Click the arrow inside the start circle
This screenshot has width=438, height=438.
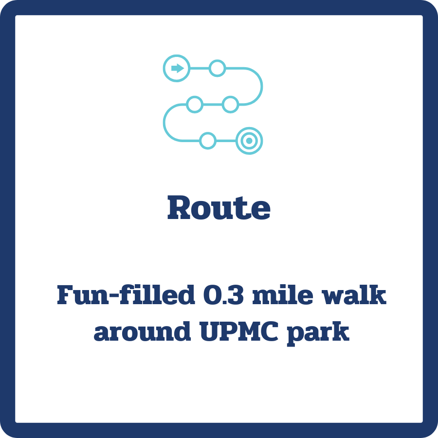pyautogui.click(x=177, y=68)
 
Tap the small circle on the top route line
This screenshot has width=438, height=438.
pyautogui.click(x=217, y=68)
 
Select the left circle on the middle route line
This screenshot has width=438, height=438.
pyautogui.click(x=195, y=104)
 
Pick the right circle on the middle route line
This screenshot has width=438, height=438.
pyautogui.click(x=230, y=104)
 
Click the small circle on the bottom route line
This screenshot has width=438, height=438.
pyautogui.click(x=208, y=141)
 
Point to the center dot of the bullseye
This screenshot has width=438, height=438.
pyautogui.click(x=249, y=141)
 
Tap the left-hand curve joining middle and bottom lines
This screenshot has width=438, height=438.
pyautogui.click(x=164, y=122)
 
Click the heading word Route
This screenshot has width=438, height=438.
pyautogui.click(x=219, y=208)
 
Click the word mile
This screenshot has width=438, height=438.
pyautogui.click(x=273, y=295)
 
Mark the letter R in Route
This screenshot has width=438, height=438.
pyautogui.click(x=178, y=208)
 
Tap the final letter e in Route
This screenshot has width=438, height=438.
pyautogui.click(x=260, y=210)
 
